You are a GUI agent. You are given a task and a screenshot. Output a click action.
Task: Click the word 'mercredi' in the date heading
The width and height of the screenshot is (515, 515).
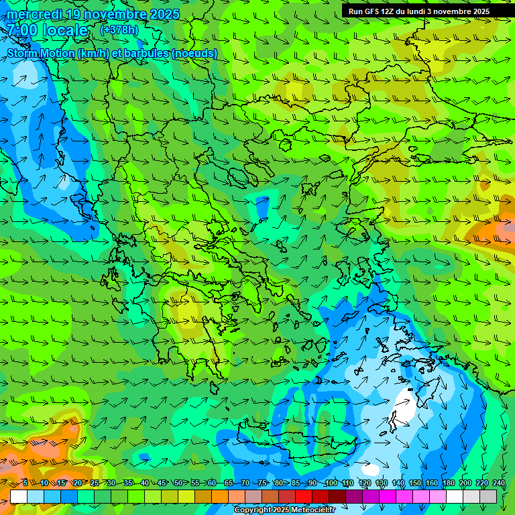(x=34, y=14)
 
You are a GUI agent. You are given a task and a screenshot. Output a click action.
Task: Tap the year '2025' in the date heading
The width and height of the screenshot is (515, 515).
(x=164, y=14)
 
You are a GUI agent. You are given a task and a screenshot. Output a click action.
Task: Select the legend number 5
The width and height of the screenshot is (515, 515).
(x=25, y=483)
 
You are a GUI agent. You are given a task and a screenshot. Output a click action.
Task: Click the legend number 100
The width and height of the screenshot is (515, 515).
(x=330, y=483)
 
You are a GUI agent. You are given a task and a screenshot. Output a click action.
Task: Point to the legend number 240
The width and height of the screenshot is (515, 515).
(x=499, y=483)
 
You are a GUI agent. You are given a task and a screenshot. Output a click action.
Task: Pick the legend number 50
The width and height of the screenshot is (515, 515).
(x=178, y=483)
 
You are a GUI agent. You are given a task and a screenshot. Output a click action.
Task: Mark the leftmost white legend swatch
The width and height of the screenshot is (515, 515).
(x=19, y=496)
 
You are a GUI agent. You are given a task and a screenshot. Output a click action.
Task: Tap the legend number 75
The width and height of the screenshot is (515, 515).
(x=262, y=483)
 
